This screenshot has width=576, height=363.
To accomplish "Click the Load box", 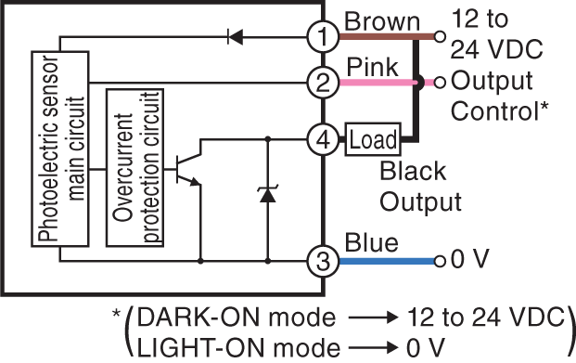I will [372, 139].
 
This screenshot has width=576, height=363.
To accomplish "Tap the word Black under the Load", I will [413, 173].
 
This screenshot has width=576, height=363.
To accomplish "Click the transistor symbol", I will [186, 165].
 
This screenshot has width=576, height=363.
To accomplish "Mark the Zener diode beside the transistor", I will [268, 194].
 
